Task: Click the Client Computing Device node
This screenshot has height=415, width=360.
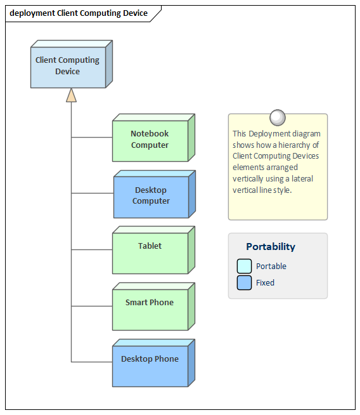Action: click(x=72, y=64)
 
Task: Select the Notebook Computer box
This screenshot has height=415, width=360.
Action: click(x=154, y=138)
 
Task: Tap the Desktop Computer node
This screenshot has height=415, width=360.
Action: click(x=155, y=194)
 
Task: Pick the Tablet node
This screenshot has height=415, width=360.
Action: click(x=154, y=250)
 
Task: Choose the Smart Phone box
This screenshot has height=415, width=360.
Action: click(x=154, y=306)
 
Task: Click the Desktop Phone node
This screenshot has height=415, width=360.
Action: click(x=154, y=363)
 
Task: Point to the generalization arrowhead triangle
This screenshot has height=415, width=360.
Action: click(x=71, y=95)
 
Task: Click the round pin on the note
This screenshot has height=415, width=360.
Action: click(x=278, y=117)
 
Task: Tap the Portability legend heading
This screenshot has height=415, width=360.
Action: click(x=271, y=246)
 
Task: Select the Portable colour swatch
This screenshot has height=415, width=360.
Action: click(x=244, y=266)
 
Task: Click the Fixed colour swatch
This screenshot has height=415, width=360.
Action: click(x=244, y=282)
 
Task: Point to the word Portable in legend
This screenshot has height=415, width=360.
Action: click(x=271, y=266)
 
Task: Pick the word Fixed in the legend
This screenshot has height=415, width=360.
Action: click(x=265, y=282)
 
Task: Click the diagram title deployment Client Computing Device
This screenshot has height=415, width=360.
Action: click(x=79, y=13)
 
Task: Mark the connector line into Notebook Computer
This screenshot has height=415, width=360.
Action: click(x=92, y=137)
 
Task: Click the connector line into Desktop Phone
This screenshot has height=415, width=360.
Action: click(x=92, y=362)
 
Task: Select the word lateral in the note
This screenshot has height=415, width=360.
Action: click(x=302, y=179)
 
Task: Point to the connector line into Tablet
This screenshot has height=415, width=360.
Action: click(x=92, y=249)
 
